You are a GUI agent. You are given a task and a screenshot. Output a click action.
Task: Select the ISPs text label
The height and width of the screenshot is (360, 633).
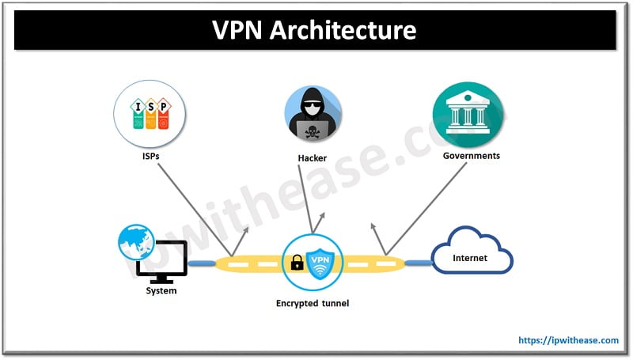click(x=150, y=156)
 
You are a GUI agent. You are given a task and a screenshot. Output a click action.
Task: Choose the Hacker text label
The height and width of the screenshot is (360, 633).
click(x=313, y=157)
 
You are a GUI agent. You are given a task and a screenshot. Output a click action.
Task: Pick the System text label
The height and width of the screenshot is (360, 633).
click(x=161, y=291)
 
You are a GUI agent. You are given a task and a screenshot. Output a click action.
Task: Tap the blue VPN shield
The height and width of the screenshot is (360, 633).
click(x=321, y=262)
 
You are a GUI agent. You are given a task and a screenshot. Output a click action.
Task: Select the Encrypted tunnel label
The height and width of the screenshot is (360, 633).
click(x=313, y=303)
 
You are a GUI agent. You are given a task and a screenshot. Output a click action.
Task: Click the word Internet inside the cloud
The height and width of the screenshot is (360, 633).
click(x=470, y=258)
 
